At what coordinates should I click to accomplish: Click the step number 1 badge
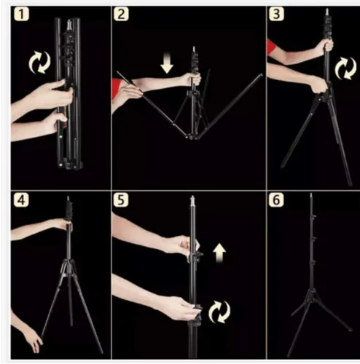tap(21, 14)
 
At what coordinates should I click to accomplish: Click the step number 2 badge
tap(121, 14)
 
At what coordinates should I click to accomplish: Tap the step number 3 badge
tap(276, 14)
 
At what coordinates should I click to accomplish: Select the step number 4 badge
tap(21, 200)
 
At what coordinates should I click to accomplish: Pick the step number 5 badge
tap(121, 200)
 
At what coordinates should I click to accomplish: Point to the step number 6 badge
tap(276, 200)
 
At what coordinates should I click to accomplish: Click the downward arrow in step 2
tap(167, 63)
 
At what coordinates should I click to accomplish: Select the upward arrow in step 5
tap(219, 253)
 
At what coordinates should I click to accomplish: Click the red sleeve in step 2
tap(116, 88)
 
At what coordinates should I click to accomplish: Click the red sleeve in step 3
tap(270, 47)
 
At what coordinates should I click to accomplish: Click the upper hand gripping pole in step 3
tap(326, 46)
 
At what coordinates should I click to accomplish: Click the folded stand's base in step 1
tap(70, 165)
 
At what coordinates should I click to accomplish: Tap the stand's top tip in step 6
tap(311, 194)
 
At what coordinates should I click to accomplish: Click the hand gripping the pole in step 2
tap(192, 79)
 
